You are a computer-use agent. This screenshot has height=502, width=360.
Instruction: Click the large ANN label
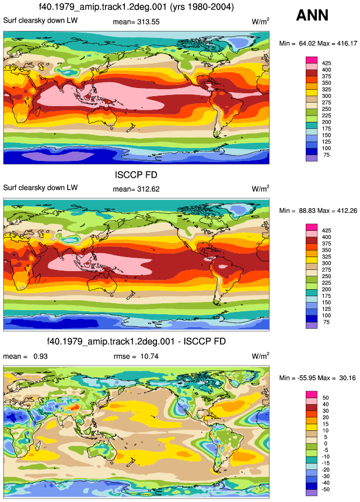coord(312,15)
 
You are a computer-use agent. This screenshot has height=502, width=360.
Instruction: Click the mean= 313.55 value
coord(136,22)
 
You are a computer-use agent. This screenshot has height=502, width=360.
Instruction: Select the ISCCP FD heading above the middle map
coord(136,175)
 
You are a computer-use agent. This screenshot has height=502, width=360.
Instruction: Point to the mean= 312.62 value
coord(136,189)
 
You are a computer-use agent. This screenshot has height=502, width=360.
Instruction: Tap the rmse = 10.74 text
coord(136,356)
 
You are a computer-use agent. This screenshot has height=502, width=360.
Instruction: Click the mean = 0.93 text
coord(25,356)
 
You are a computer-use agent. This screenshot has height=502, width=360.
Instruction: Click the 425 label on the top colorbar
coord(326,64)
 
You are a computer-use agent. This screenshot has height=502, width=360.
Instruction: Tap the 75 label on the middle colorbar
coord(326,322)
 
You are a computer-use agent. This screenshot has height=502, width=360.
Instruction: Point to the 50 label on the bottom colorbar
coord(326,398)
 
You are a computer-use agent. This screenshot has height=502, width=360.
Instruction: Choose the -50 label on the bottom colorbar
coord(326,489)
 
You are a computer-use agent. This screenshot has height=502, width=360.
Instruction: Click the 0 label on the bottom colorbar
coord(326,444)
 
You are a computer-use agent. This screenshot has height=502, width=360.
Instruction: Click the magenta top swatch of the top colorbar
coord(312,60)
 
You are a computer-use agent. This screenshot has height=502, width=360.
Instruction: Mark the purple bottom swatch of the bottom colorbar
coord(312,493)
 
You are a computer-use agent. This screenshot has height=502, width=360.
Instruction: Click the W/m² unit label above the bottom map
coord(260,356)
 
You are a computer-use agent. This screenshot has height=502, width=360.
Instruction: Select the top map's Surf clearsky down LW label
coord(40,20)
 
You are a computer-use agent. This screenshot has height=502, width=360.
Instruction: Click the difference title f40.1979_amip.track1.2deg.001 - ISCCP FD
coord(137,341)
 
